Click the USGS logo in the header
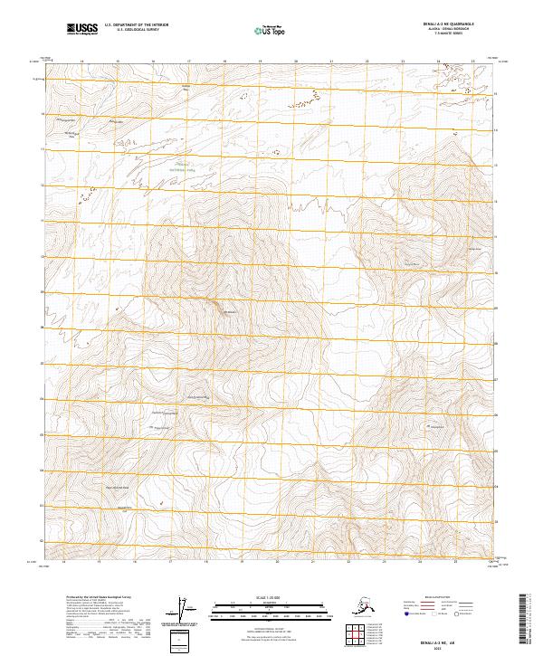[81, 30]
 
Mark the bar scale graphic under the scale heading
[262, 608]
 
